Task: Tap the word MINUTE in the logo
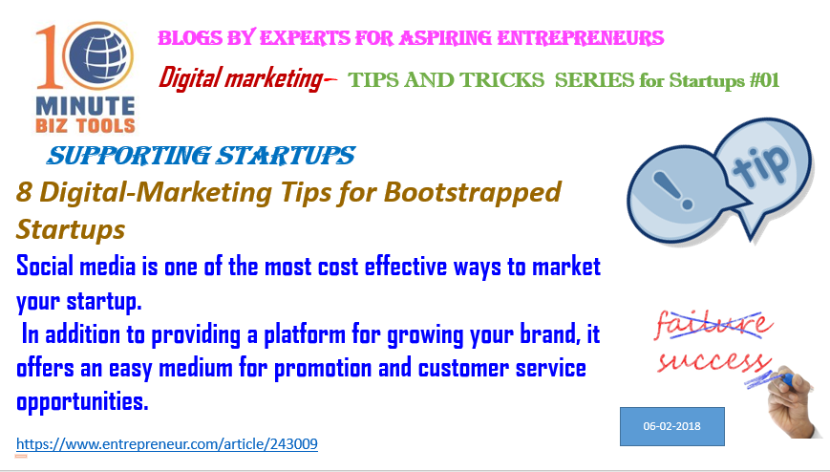[x=85, y=106]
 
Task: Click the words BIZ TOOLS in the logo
[x=85, y=126]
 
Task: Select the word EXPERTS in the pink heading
[x=305, y=38]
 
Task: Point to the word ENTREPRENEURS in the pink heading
[x=581, y=38]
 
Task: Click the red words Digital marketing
[x=241, y=78]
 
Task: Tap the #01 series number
[x=764, y=80]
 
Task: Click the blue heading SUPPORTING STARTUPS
[x=201, y=156]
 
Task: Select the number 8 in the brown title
[x=23, y=192]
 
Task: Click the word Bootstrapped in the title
[x=472, y=193]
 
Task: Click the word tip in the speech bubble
[x=760, y=163]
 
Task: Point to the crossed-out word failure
[x=713, y=323]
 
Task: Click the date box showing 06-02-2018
[x=672, y=426]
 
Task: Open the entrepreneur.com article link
[x=167, y=444]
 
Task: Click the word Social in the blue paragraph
[x=45, y=266]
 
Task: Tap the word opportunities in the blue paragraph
[x=82, y=401]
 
